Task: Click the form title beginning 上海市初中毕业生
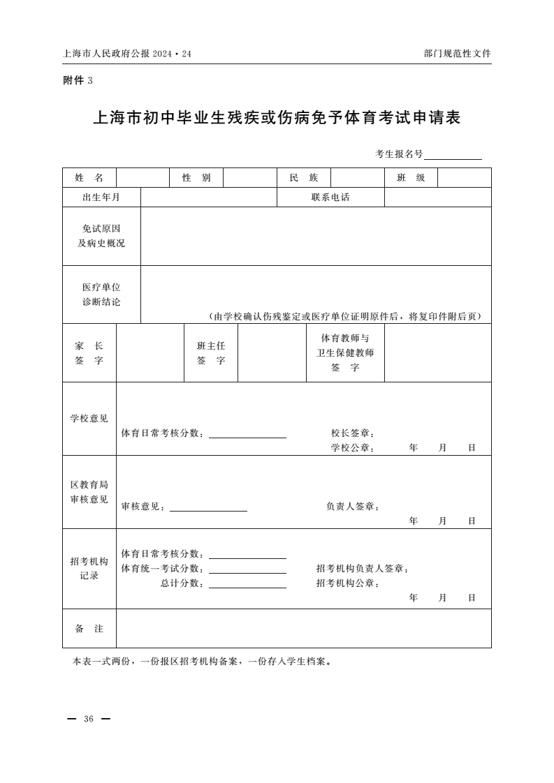(277, 118)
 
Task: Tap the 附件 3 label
(78, 80)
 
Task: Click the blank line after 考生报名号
(453, 155)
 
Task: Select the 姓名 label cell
(89, 178)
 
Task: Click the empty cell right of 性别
(250, 178)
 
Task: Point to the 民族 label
(304, 178)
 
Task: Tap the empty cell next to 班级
(464, 178)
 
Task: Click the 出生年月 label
(101, 197)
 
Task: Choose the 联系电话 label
(330, 197)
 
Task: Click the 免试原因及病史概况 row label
(101, 236)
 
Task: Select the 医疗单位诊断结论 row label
(101, 294)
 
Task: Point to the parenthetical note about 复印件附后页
(345, 316)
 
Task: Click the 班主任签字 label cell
(211, 353)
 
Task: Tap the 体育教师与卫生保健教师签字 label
(345, 352)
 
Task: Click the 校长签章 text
(353, 433)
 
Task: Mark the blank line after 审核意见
(208, 507)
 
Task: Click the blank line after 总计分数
(247, 584)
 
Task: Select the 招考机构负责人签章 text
(362, 569)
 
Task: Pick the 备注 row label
(89, 629)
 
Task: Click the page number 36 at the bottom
(88, 719)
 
